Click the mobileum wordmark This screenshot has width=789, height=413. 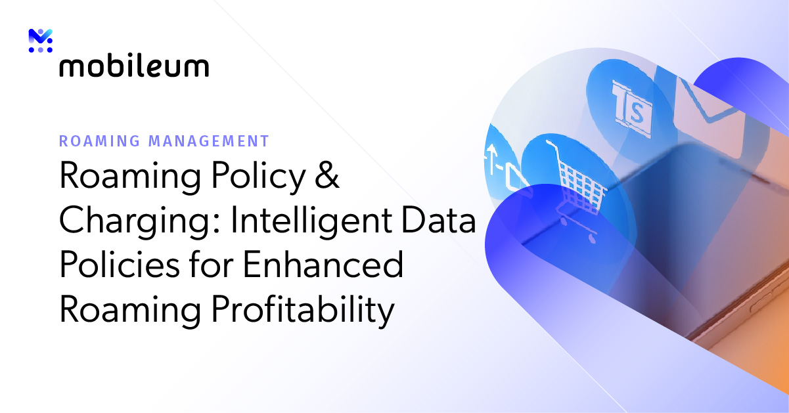(x=134, y=66)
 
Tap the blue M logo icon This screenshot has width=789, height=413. (x=40, y=37)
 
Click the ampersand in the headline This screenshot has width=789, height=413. (x=327, y=177)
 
